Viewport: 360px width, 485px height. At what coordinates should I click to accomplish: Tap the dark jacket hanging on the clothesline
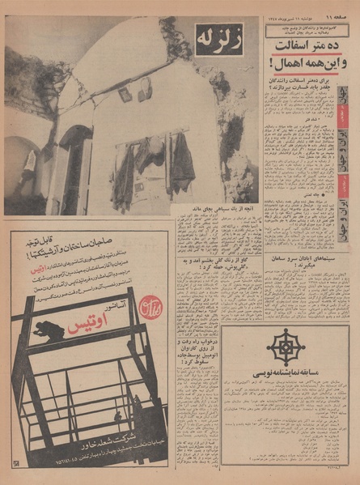[183, 163]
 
